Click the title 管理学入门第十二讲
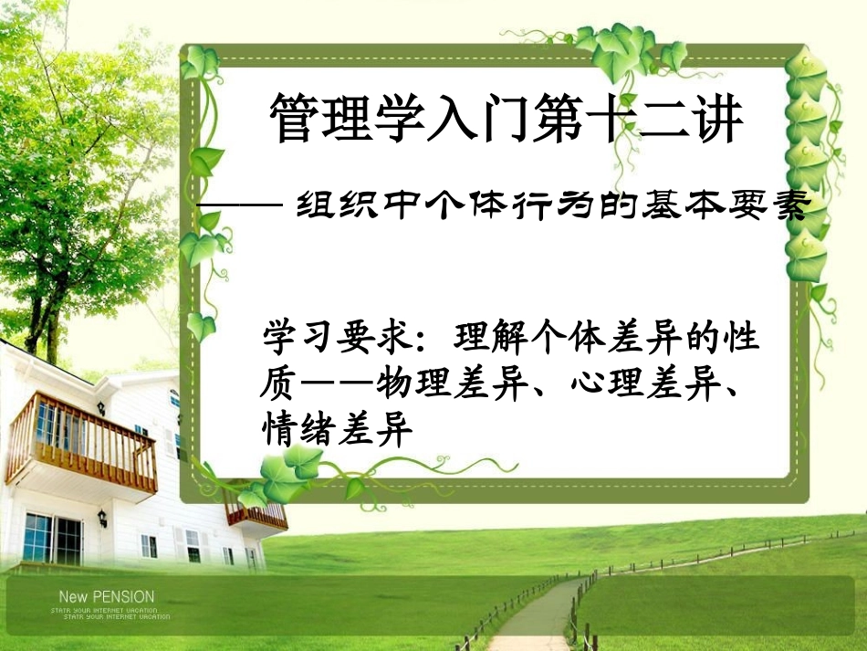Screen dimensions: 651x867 coord(507,121)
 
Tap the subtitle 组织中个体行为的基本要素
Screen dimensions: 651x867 coord(552,209)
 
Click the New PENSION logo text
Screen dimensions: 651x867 coord(101,597)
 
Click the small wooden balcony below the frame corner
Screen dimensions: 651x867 coord(256,516)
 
